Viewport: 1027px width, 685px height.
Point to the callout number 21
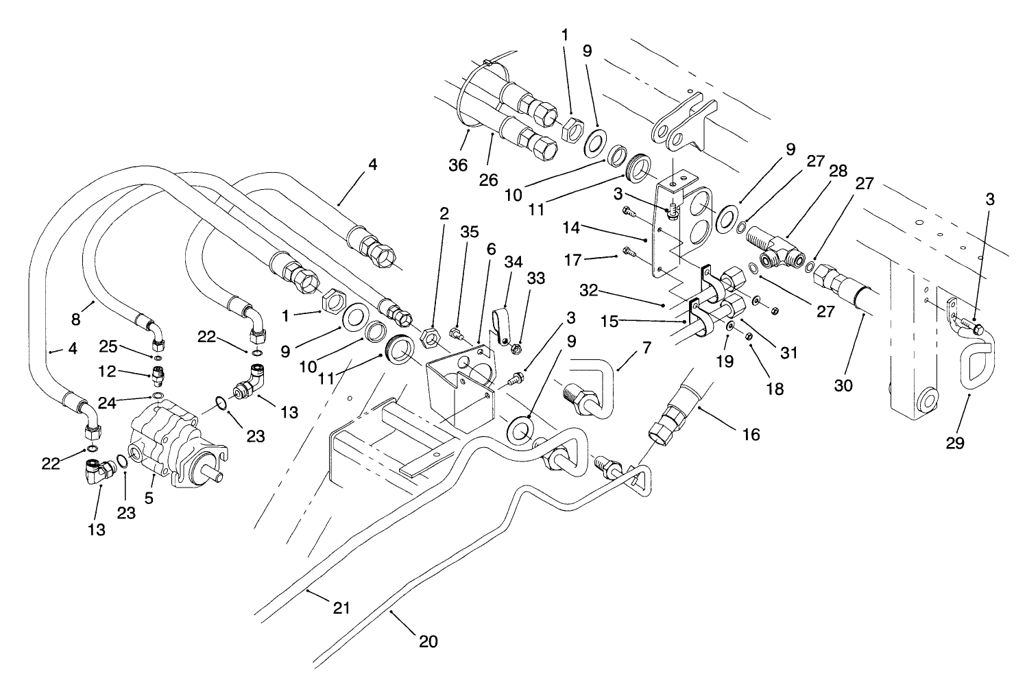coord(341,608)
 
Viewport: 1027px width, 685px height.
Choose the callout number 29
coord(954,444)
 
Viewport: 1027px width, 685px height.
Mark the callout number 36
coord(458,165)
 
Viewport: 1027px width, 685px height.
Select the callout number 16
coord(751,435)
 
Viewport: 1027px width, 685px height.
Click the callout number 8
coord(76,320)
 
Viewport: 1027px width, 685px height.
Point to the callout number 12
coord(107,372)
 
